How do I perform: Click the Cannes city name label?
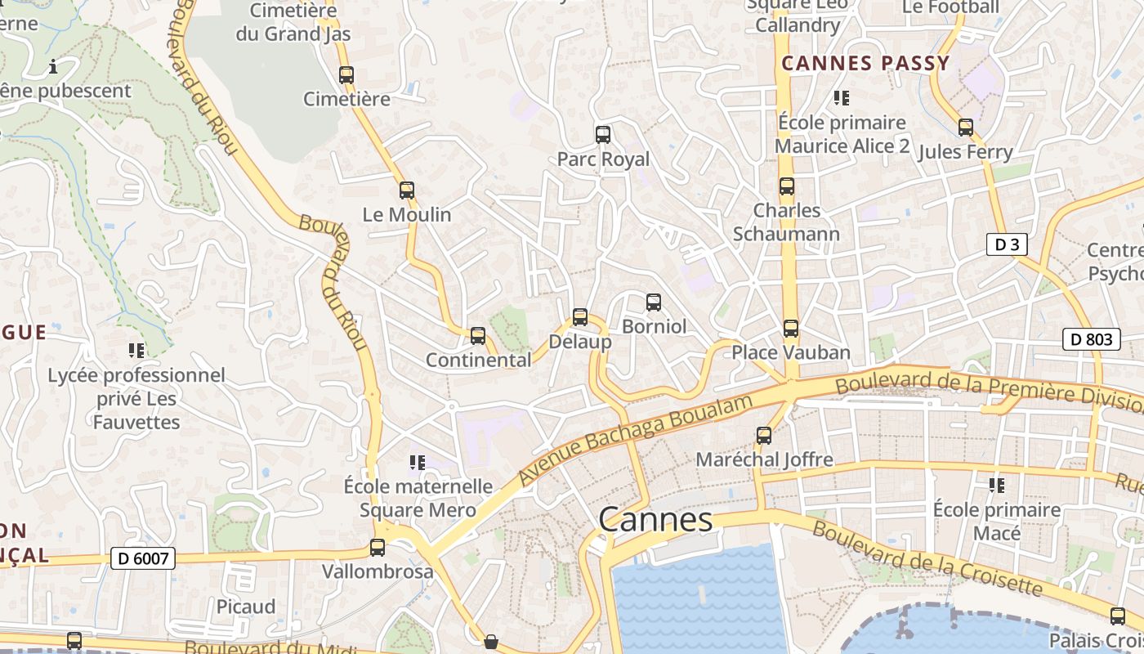tap(655, 519)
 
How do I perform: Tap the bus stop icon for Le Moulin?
tap(407, 190)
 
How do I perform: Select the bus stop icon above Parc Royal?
tap(603, 135)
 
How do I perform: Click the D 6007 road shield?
tap(143, 559)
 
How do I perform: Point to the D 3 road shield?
tap(1006, 244)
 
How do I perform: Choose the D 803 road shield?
tap(1091, 339)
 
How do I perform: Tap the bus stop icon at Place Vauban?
tap(790, 329)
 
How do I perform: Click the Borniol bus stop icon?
tap(654, 302)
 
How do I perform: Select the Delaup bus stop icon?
tap(580, 317)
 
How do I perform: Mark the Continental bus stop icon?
tap(478, 336)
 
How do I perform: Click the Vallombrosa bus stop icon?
tap(378, 548)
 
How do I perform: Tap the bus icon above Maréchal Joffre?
tap(764, 436)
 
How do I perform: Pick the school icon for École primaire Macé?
tap(997, 486)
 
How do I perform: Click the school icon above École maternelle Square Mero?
tap(418, 463)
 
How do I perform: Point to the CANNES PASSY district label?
tap(865, 64)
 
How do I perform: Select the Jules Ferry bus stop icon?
tap(966, 128)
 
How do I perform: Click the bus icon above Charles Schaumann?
tap(787, 186)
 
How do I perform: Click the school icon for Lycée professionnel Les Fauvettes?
tap(136, 351)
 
